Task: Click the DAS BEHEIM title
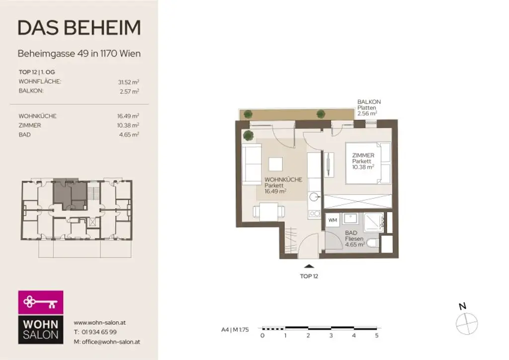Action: coord(79,28)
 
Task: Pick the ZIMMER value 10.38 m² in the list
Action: coord(127,125)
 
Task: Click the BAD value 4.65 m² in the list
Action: coord(129,135)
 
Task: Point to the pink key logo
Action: coord(41,302)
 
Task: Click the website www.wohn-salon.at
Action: coord(99,322)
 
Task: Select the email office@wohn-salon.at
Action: coord(106,342)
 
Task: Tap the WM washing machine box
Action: coord(333,220)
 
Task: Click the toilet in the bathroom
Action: coord(372,242)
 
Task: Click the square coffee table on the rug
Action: coord(275,165)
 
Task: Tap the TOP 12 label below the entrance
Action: coord(309,276)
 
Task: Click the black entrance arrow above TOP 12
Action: coord(309,268)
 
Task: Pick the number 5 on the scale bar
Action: coord(377,336)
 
